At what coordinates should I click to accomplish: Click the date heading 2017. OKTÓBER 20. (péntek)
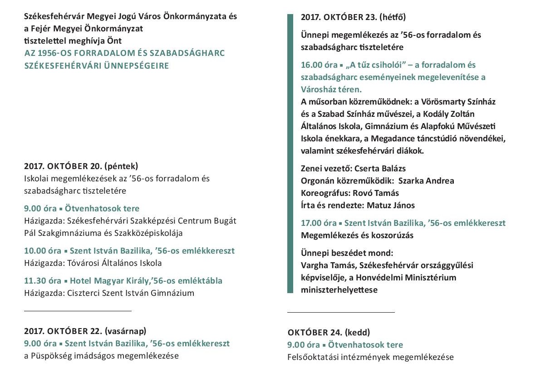(81, 166)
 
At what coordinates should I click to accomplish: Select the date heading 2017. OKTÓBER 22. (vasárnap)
(85, 331)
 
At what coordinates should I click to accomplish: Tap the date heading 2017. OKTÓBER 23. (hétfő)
(353, 18)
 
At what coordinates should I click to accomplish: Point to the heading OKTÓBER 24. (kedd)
(329, 332)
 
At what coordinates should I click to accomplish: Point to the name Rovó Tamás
(376, 193)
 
